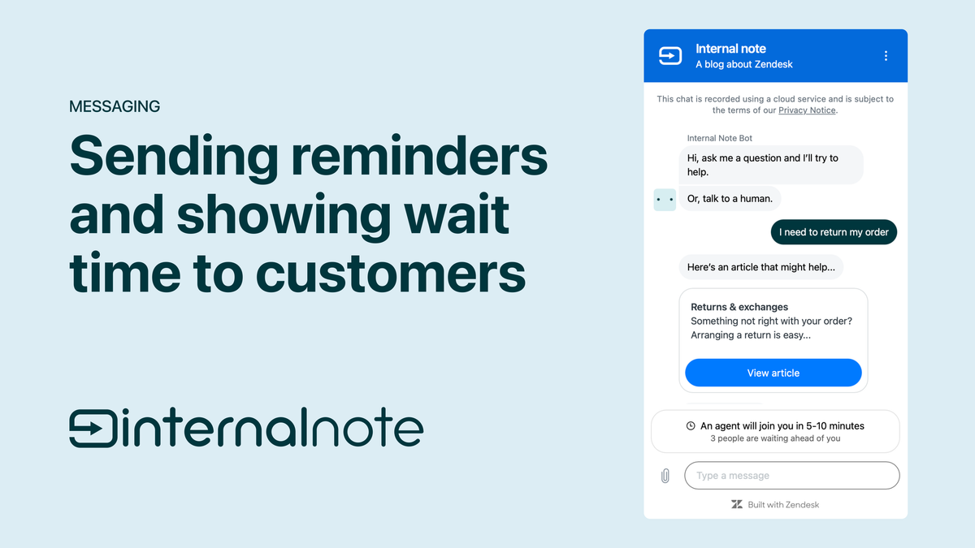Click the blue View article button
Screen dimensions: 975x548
coord(773,373)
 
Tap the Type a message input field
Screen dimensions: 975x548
coord(791,476)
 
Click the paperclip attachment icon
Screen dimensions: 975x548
coord(665,476)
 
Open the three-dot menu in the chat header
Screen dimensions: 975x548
coord(886,56)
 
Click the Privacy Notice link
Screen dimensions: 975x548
coord(807,110)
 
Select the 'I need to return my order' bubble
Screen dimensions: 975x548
coord(834,232)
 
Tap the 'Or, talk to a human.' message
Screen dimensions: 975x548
coord(730,199)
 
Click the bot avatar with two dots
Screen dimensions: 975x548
coord(665,200)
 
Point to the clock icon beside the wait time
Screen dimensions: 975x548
coord(691,425)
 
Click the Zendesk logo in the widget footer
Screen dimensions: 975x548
coord(737,504)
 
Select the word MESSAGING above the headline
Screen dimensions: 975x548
coord(115,106)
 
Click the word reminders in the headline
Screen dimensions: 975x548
coord(419,155)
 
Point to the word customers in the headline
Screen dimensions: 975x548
coord(391,273)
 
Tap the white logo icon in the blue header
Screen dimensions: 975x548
coord(670,56)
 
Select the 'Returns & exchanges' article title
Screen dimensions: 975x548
coord(739,307)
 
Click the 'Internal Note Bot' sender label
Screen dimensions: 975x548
coord(720,138)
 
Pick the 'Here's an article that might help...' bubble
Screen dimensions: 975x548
coord(760,267)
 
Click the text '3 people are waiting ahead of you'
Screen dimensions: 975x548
coord(775,438)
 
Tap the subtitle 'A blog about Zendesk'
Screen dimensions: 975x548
coord(744,64)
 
